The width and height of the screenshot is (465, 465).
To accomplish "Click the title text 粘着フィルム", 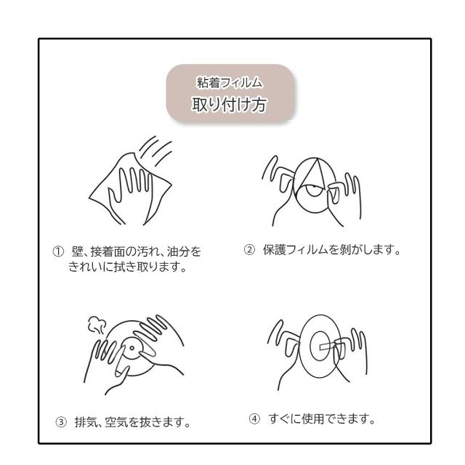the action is (230, 83).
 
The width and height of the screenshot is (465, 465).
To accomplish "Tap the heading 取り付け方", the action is (229, 105).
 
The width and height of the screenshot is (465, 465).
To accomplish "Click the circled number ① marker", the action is (58, 252).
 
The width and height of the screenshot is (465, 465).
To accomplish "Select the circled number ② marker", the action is (249, 250).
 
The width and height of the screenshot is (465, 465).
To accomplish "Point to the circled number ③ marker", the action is (61, 422).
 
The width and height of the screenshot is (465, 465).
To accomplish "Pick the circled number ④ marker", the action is (254, 419).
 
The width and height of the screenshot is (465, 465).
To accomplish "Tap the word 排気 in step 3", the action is (86, 422).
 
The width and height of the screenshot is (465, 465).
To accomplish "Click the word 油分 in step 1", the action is (178, 252).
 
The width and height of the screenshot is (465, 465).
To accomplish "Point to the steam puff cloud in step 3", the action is (97, 325).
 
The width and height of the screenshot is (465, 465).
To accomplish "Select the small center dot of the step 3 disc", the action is (132, 348).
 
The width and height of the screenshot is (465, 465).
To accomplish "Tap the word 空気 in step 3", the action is (116, 422).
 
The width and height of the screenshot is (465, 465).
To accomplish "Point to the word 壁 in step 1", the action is (77, 252).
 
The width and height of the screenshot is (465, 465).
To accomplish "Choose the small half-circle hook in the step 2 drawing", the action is (314, 190).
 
